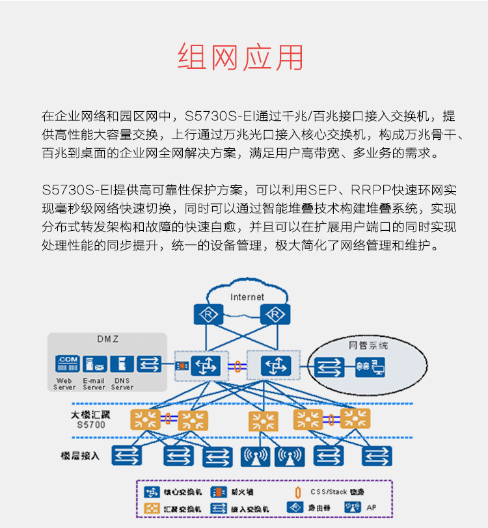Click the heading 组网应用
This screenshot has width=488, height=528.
[241, 58]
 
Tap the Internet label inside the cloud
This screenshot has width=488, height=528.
[247, 297]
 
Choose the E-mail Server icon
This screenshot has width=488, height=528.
[94, 364]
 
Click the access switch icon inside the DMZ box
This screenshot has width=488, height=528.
[150, 364]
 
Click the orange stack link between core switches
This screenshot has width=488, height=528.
[239, 366]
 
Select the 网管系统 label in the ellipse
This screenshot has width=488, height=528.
[368, 345]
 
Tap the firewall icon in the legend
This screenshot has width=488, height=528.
[220, 492]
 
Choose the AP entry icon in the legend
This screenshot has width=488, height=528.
[353, 507]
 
